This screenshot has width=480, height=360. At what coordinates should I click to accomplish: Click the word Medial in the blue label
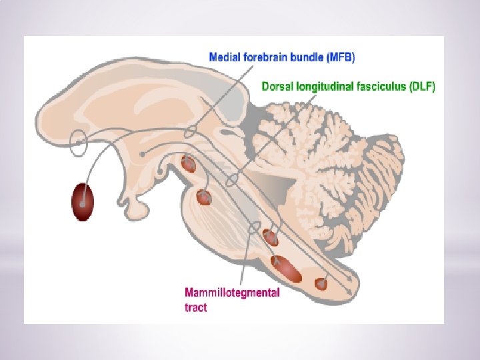tap(224, 57)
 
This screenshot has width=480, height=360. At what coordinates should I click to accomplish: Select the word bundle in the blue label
tap(309, 57)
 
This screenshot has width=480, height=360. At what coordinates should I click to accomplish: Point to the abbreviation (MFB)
tap(341, 57)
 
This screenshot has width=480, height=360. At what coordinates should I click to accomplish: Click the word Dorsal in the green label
tap(277, 87)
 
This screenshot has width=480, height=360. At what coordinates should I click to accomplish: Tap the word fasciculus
tap(376, 87)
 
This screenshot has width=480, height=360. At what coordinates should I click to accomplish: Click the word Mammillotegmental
tap(231, 293)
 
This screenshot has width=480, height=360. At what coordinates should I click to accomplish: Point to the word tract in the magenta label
tap(195, 307)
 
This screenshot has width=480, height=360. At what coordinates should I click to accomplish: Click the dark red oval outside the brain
tap(83, 202)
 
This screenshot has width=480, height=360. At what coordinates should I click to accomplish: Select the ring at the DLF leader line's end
tap(231, 181)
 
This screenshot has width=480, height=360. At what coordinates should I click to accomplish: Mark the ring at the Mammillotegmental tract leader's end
tap(253, 227)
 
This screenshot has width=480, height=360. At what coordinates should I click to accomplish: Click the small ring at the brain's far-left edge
tap(79, 141)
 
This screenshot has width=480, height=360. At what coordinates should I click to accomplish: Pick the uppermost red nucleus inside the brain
tap(189, 163)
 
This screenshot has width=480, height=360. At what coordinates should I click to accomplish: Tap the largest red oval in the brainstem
tap(288, 268)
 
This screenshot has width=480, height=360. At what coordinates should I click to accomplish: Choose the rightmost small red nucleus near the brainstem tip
tap(321, 283)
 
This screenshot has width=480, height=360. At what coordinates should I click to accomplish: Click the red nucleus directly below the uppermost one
tap(203, 197)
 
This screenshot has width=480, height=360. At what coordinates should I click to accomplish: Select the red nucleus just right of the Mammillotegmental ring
tap(271, 237)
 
